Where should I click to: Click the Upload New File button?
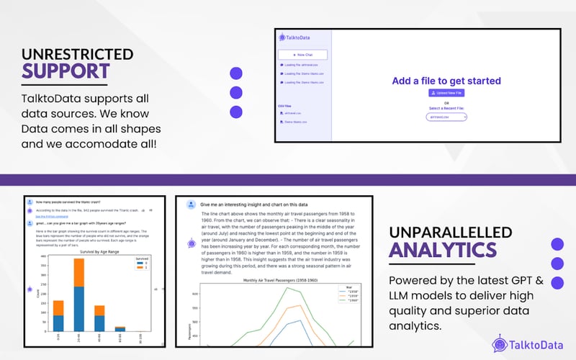[x=446, y=93]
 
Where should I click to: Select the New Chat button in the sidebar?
[x=303, y=55]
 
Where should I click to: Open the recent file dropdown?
[x=446, y=116]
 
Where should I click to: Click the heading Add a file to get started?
[x=446, y=81]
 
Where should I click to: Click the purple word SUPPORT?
[x=66, y=71]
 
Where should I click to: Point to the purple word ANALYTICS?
[x=442, y=249]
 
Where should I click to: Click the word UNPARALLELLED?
[x=450, y=232]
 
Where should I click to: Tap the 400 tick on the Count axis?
[x=43, y=257]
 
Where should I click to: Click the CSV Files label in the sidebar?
[x=284, y=106]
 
